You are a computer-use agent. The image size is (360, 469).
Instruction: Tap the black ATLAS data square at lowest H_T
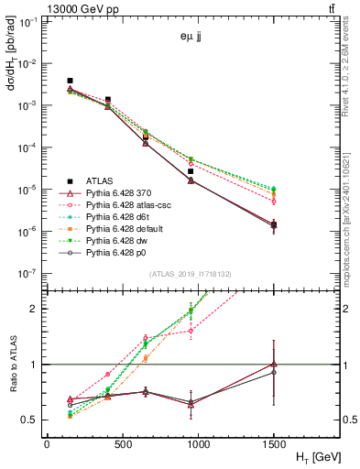(71, 81)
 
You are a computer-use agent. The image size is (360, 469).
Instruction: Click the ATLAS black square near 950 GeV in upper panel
(216, 171)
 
